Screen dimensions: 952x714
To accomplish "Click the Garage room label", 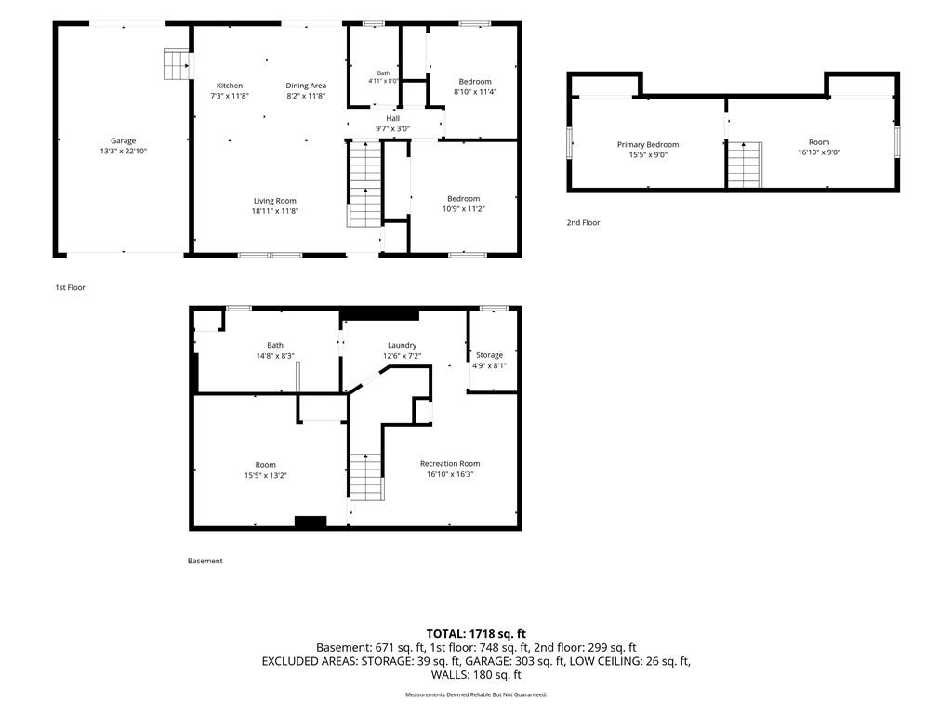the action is click(124, 141).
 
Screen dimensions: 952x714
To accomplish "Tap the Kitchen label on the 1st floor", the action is click(230, 86).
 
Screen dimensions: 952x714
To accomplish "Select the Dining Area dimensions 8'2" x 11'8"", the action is click(306, 96).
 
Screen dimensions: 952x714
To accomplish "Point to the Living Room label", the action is click(275, 201).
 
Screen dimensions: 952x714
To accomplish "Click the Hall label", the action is click(393, 118).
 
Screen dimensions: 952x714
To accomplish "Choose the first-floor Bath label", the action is click(384, 73).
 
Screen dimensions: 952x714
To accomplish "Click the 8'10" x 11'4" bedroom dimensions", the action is click(475, 92).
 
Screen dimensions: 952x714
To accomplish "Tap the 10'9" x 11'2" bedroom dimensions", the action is click(464, 209).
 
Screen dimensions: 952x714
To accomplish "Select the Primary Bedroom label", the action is click(648, 144).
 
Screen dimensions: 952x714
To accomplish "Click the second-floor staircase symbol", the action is click(745, 165).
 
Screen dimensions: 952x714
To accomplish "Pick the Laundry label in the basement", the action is click(402, 346).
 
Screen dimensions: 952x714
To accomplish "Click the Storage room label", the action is click(489, 355).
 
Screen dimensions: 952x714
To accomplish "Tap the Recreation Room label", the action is click(450, 464).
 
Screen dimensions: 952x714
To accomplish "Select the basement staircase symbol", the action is click(366, 477).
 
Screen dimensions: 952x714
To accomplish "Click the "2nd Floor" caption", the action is click(584, 223).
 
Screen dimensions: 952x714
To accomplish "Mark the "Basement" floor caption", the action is click(205, 561).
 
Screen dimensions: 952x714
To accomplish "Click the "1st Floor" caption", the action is click(71, 288).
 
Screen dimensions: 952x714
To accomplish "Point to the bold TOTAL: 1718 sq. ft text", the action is click(476, 634).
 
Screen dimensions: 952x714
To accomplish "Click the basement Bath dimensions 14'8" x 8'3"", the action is click(275, 356).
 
